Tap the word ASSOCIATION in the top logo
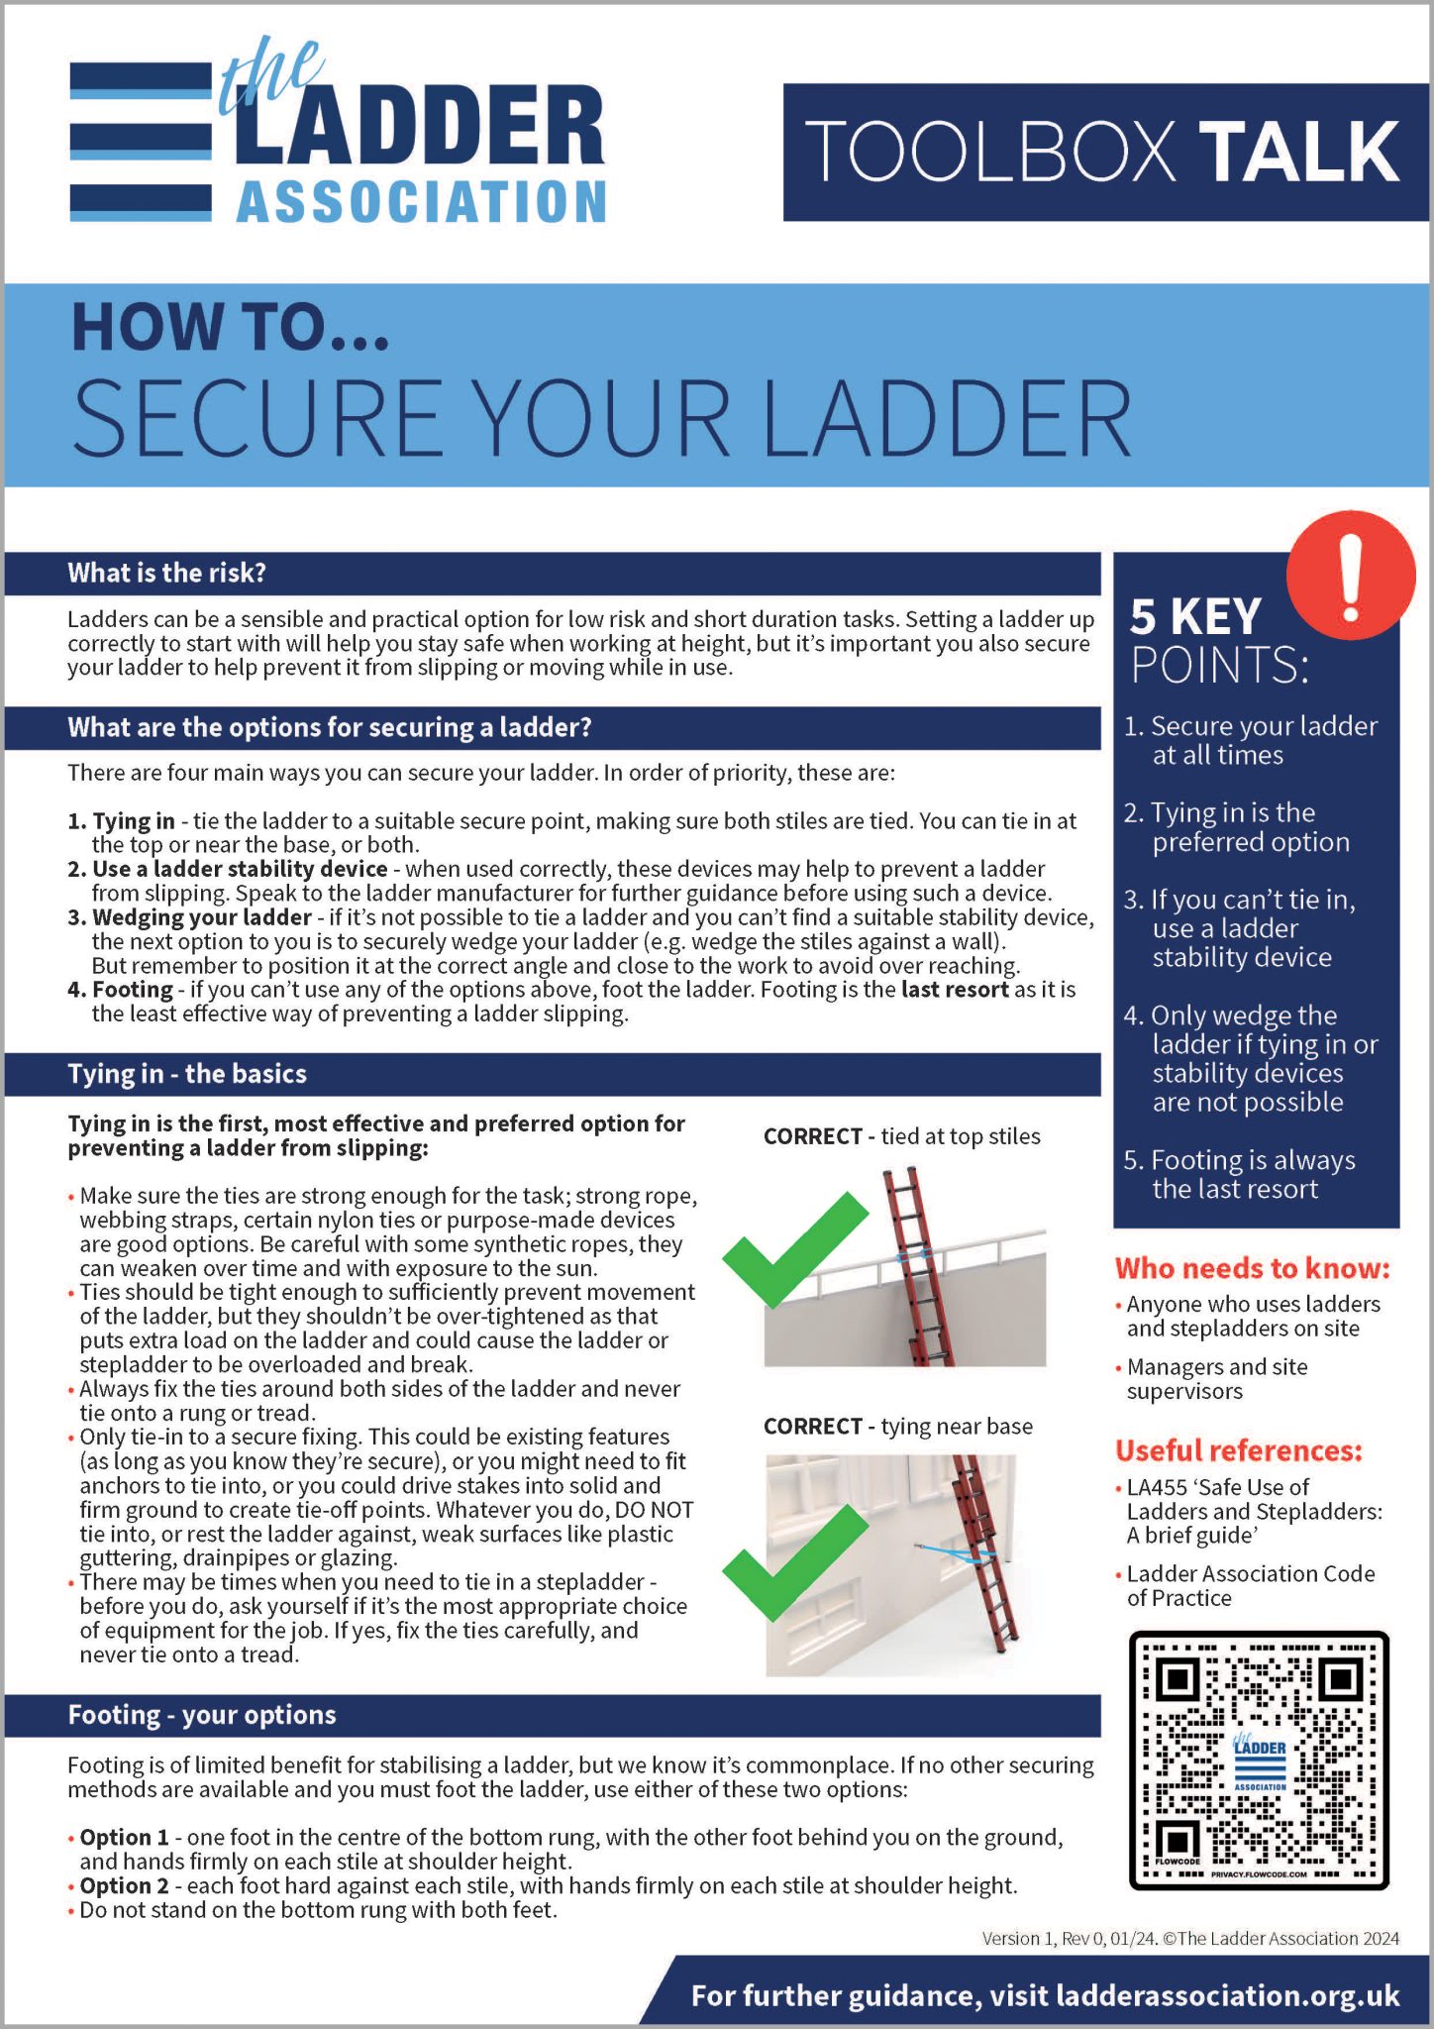tap(421, 203)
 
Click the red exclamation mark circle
tap(1350, 575)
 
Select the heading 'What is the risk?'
tap(166, 573)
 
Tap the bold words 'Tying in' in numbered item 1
tap(134, 820)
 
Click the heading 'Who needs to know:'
tap(1252, 1268)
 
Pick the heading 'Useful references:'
tap(1238, 1450)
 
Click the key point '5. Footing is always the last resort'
tap(1239, 1174)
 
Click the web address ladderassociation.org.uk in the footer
tap(1227, 1994)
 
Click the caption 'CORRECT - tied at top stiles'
tap(901, 1136)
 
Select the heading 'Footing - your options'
tap(201, 1715)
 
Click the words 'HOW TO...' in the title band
tap(230, 328)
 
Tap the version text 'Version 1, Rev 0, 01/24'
tap(1069, 1938)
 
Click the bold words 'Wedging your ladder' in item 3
tap(202, 916)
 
